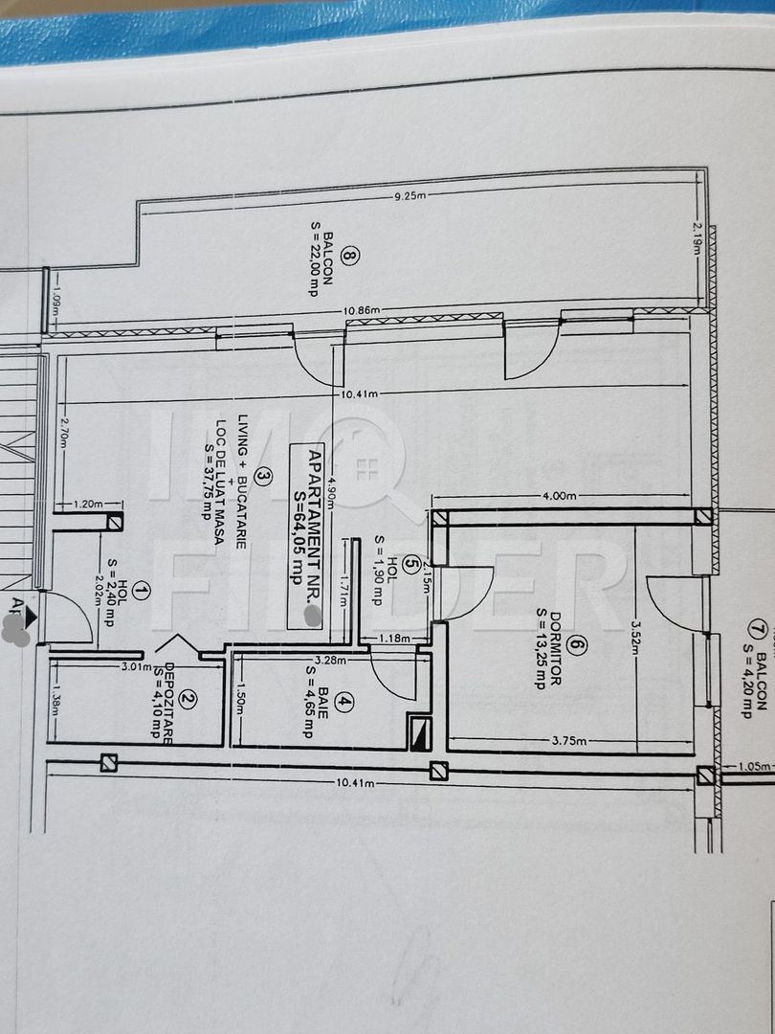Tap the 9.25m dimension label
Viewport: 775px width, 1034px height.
click(x=409, y=196)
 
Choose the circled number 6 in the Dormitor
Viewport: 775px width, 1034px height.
click(x=574, y=646)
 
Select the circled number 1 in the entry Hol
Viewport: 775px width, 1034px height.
click(x=142, y=591)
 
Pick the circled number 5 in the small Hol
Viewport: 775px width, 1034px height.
click(x=411, y=563)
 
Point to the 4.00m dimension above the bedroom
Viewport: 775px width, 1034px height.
click(x=559, y=497)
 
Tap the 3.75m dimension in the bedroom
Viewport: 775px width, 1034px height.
click(x=570, y=740)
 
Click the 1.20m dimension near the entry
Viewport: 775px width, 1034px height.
click(x=88, y=503)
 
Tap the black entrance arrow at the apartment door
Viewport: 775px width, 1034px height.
click(x=31, y=618)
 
